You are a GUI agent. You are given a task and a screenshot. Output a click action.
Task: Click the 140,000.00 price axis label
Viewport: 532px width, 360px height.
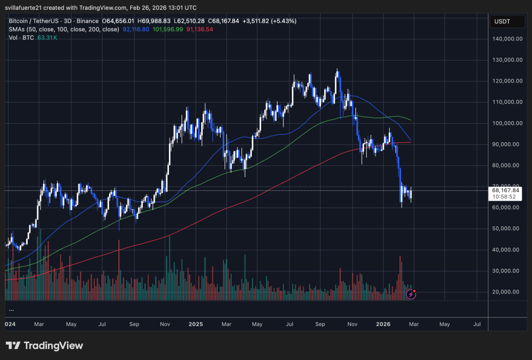[505, 39]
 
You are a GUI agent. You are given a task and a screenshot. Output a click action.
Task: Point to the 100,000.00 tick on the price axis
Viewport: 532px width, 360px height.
[505, 123]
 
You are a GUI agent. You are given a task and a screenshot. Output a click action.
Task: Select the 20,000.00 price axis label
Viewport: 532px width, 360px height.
[505, 292]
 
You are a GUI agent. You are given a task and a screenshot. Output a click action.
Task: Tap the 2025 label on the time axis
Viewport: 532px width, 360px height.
[196, 324]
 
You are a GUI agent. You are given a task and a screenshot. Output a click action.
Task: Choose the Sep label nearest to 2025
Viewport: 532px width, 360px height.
[134, 324]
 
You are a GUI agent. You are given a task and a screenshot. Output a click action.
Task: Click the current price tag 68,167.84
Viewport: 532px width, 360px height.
[505, 190]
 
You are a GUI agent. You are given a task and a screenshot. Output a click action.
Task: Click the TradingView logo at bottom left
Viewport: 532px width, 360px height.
[44, 345]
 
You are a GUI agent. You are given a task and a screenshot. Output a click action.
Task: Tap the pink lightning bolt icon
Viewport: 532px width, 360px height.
[412, 295]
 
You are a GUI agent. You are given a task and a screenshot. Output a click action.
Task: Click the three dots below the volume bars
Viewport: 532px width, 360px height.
[11, 310]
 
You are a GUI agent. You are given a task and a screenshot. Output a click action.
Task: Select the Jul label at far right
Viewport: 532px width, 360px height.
[477, 324]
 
